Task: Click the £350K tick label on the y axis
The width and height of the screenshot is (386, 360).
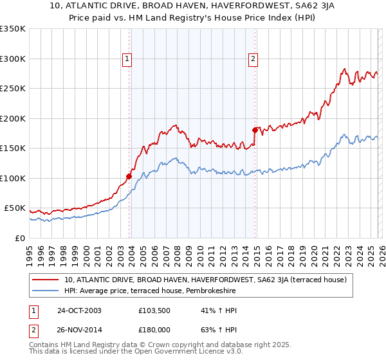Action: pos(13,29)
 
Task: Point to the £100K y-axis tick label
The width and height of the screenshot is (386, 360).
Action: pos(13,178)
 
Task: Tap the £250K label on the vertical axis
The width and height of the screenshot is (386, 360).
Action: pos(13,89)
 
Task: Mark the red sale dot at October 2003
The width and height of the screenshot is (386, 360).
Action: pos(129,175)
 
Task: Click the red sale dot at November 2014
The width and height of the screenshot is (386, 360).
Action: pos(255,130)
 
